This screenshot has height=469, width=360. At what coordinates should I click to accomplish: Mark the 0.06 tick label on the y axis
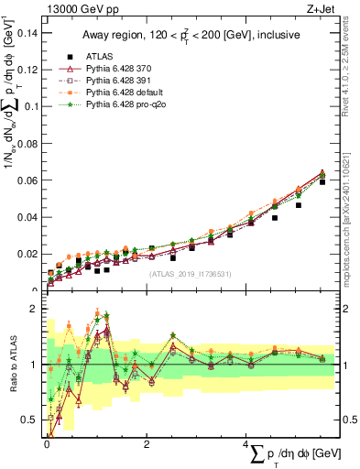(29, 180)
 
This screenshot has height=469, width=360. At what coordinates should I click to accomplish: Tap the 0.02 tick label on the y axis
(29, 254)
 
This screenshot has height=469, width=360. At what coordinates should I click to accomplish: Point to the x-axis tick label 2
(147, 445)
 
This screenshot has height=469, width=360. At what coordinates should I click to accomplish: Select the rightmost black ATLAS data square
(322, 182)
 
